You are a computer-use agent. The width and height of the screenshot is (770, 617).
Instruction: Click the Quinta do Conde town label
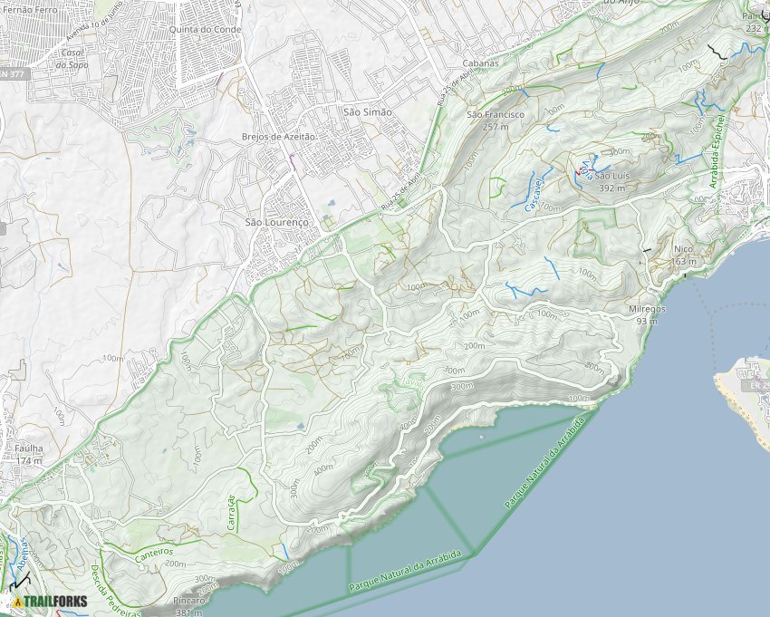point(198,28)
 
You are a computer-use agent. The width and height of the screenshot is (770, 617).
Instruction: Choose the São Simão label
point(368,111)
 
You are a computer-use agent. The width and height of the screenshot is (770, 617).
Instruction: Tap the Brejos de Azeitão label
point(278,136)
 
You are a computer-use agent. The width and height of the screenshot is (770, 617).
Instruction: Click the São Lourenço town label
point(277,221)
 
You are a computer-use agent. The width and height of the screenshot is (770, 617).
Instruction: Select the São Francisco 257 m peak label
point(495,121)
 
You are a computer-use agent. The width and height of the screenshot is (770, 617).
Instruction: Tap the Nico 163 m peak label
point(684,255)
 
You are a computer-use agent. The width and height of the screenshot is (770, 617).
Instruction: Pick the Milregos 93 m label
point(647,313)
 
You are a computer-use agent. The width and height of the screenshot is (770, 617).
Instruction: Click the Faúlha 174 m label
point(29,453)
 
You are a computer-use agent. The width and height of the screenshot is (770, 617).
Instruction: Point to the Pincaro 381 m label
point(188,606)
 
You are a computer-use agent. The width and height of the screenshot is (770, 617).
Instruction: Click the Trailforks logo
point(50,601)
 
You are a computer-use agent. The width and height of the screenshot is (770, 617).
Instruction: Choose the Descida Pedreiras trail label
point(116,590)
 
